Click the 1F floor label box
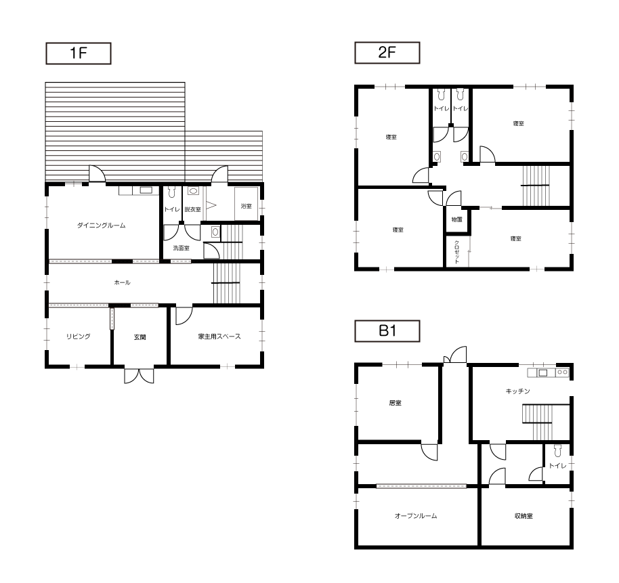[x=78, y=53]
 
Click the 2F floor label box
[x=387, y=53]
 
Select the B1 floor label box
[x=387, y=331]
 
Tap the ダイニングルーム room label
[x=101, y=225]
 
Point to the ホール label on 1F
[x=122, y=282]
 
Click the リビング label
[x=78, y=337]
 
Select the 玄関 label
[x=140, y=337]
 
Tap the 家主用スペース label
[x=219, y=337]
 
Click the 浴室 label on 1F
[x=246, y=206]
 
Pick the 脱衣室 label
[x=192, y=209]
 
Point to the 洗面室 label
[x=182, y=248]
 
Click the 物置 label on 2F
[x=456, y=219]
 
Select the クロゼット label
[x=456, y=252]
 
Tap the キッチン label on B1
[x=517, y=391]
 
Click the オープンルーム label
[x=416, y=516]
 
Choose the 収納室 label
[x=524, y=516]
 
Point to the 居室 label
[x=395, y=403]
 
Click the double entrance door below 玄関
[x=139, y=376]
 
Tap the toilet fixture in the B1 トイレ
[x=557, y=450]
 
